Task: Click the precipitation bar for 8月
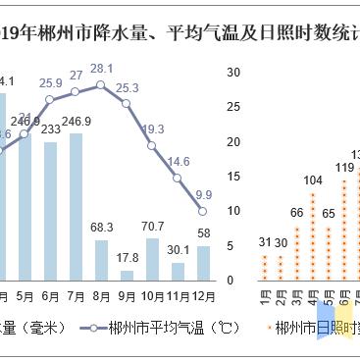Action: [x=101, y=259]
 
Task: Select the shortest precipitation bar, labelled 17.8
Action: [x=127, y=275]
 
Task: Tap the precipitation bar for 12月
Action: [x=203, y=262]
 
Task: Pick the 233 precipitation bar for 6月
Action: [x=50, y=210]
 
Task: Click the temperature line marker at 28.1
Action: [x=101, y=85]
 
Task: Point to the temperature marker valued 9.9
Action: [x=203, y=211]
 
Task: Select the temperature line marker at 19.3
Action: [x=152, y=146]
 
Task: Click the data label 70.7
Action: [x=152, y=226]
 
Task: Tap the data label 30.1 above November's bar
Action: [x=178, y=249]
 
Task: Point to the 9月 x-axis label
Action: [x=127, y=295]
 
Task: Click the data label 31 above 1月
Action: [x=265, y=242]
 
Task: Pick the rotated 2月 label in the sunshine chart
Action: [x=281, y=294]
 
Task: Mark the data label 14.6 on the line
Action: [x=179, y=161]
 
